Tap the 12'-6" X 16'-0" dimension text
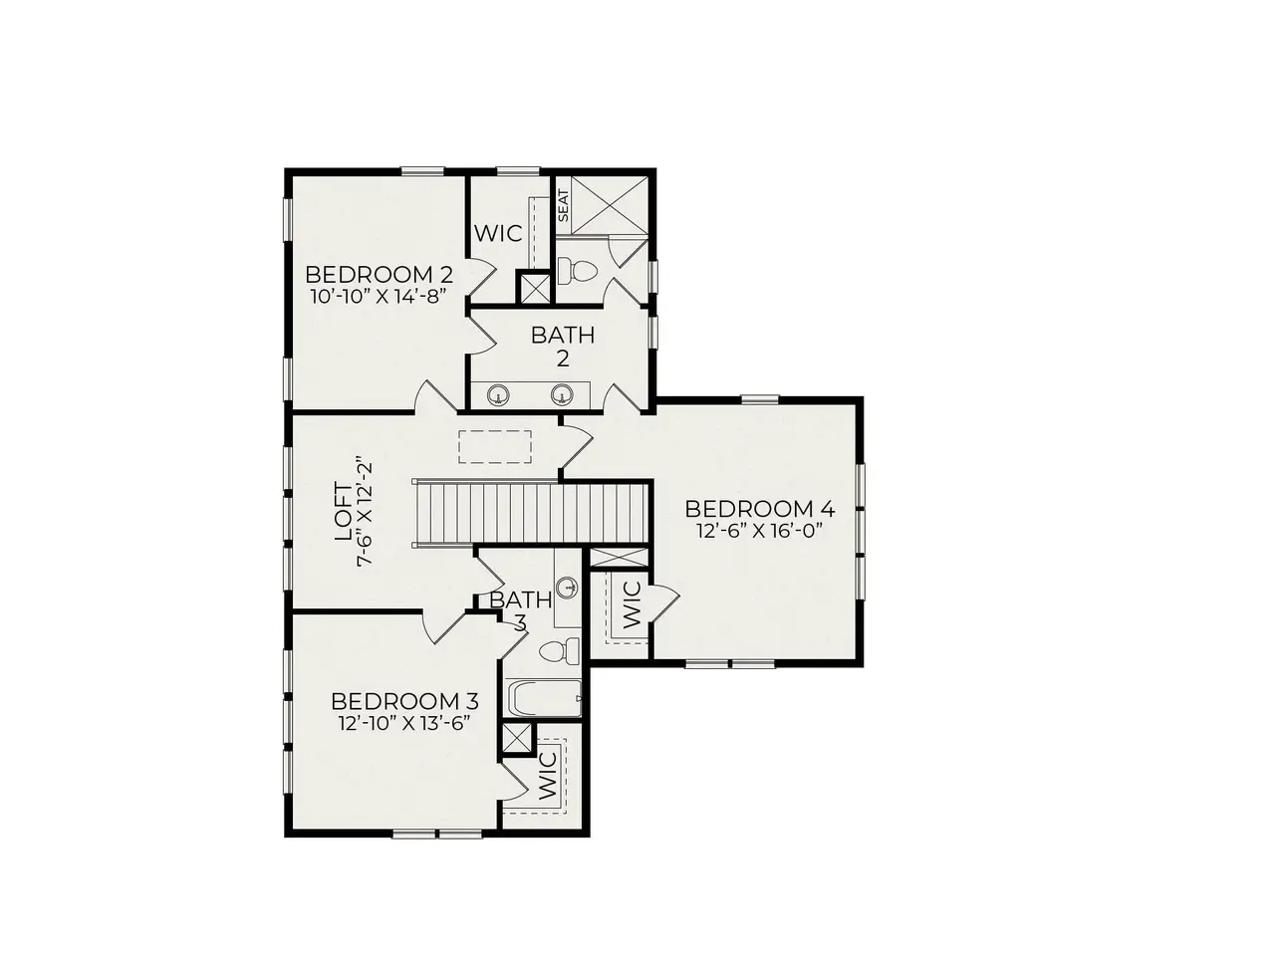coord(760,531)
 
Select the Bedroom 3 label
coord(404,702)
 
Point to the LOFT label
coord(344,512)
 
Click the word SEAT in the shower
coord(563,205)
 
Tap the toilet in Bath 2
coord(577,271)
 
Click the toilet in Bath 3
coord(560,651)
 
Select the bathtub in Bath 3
coord(544,699)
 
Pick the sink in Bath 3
coord(568,589)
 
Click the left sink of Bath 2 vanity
coord(498,394)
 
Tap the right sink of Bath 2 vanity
coord(562,394)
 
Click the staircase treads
coord(530,513)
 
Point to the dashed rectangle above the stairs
coord(495,446)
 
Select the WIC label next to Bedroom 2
coord(498,233)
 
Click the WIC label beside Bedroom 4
coord(632,604)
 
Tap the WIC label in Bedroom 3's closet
coord(548,776)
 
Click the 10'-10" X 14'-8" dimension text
coord(379,297)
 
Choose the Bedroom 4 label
coord(760,509)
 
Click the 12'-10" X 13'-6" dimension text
coord(403,724)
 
